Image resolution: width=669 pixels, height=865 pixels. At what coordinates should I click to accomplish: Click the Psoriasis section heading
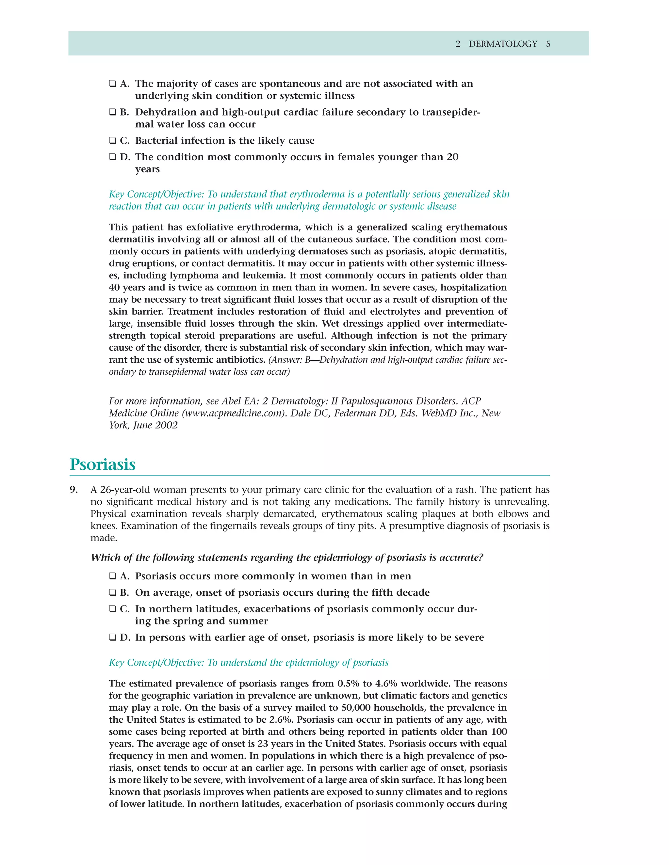(103, 464)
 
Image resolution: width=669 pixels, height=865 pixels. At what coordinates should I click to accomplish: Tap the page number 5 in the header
(548, 44)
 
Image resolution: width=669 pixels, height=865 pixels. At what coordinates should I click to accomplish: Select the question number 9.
(74, 490)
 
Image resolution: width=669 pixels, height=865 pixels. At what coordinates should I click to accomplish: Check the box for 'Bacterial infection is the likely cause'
(113, 141)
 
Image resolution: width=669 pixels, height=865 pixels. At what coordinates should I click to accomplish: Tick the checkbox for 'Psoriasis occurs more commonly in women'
(113, 576)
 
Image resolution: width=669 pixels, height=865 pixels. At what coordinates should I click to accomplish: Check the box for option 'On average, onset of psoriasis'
(113, 592)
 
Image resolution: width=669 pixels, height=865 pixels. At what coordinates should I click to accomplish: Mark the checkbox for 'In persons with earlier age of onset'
(113, 637)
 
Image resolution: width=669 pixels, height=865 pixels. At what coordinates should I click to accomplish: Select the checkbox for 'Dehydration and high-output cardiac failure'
(113, 113)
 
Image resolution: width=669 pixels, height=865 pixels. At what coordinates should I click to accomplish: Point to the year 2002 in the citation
(167, 425)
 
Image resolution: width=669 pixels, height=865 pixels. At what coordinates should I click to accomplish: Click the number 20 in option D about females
(452, 157)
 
